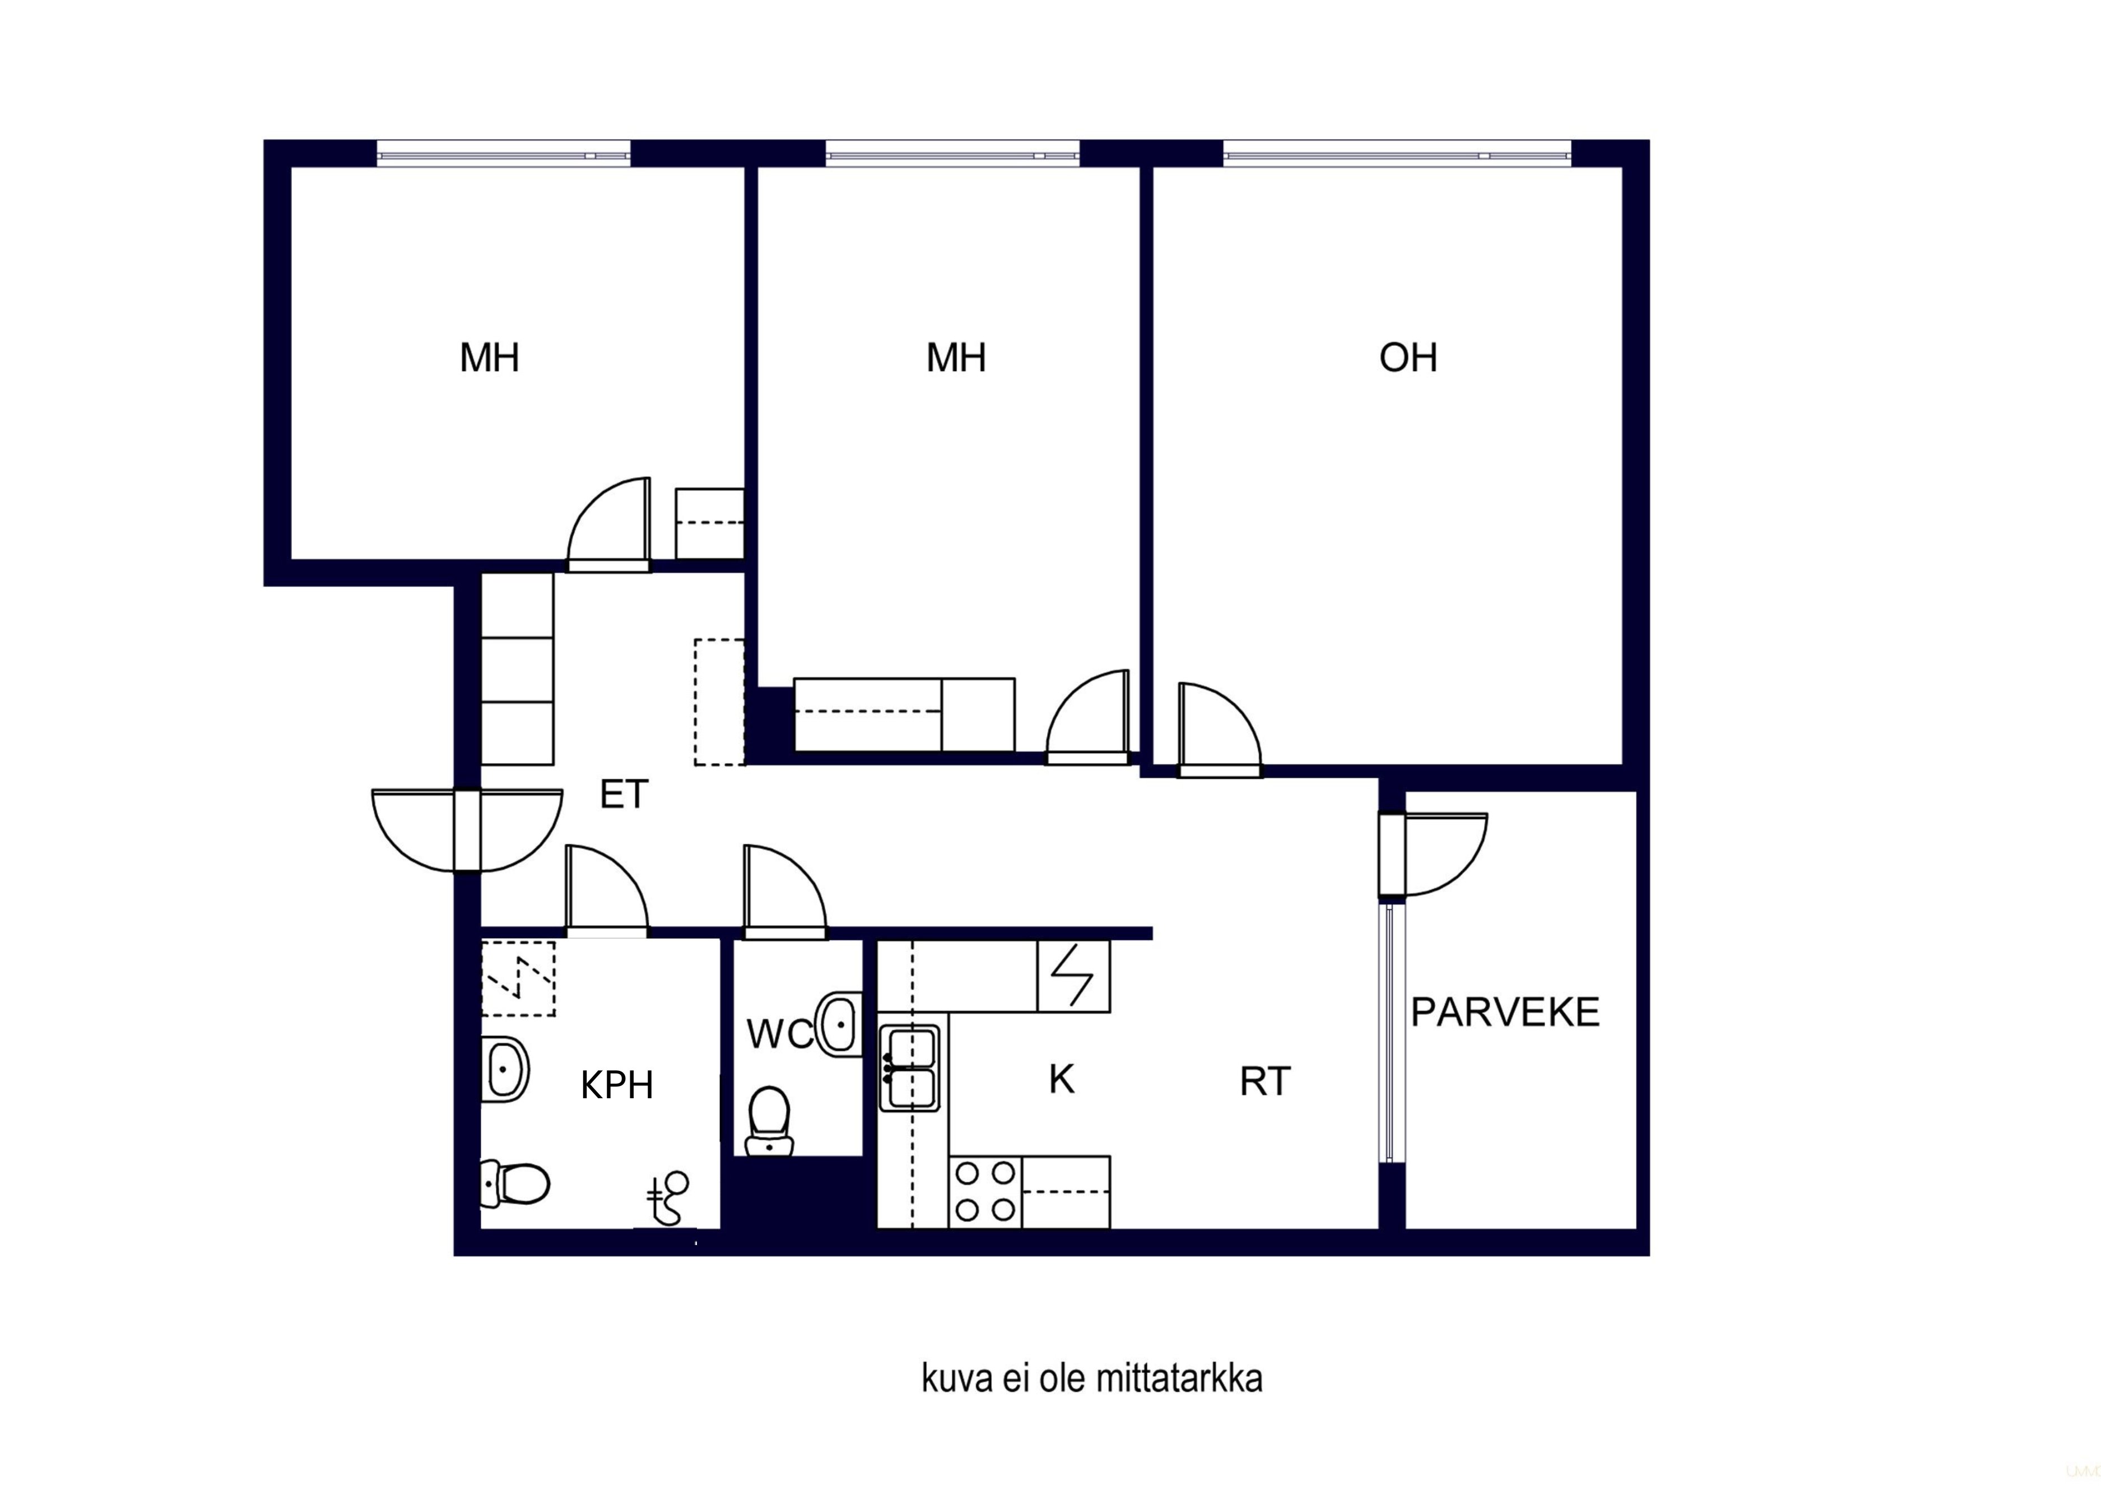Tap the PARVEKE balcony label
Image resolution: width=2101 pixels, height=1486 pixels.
coord(1505,1012)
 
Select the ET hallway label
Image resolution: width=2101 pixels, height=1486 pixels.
coord(624,794)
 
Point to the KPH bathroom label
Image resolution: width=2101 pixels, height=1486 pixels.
coord(617,1085)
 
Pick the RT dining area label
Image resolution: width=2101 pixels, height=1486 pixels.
coord(1265,1081)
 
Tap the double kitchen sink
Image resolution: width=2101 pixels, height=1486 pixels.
coord(909,1069)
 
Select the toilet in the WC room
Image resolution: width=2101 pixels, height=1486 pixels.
coord(769,1121)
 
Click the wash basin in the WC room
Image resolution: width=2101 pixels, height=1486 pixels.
coord(840,1024)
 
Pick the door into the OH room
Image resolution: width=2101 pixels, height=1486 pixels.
coord(1220,730)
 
